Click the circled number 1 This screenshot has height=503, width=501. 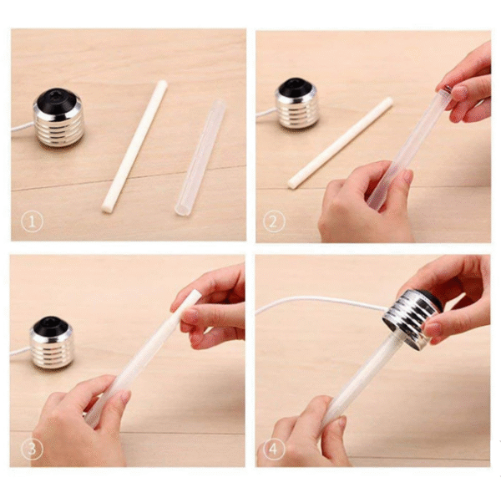(32, 221)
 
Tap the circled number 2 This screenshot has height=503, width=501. (273, 221)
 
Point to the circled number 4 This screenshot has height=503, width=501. (273, 450)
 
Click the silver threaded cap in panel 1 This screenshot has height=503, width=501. (58, 118)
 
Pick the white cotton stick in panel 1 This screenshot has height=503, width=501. (134, 146)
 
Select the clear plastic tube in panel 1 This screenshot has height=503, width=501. (200, 158)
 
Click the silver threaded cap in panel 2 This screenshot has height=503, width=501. (297, 104)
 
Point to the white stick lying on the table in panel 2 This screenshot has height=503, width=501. (340, 143)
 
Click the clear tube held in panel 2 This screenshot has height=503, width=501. (407, 149)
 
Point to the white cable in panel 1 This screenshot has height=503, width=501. (23, 127)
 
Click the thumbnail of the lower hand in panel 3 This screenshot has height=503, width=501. (124, 398)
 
